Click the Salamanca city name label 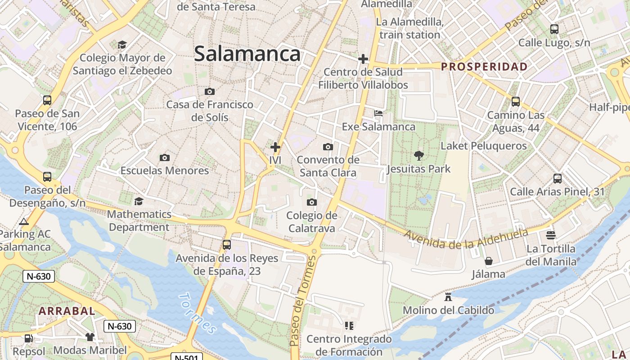[x=247, y=54]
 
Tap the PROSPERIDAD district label [x=484, y=67]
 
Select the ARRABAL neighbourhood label [x=67, y=311]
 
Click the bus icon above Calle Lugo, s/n [x=554, y=29]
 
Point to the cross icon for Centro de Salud [x=363, y=59]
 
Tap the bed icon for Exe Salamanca [x=378, y=113]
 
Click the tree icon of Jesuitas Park [x=419, y=156]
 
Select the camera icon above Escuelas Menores [x=165, y=157]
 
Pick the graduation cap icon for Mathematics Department [x=139, y=201]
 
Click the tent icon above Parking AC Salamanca [x=24, y=221]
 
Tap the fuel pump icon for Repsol [x=29, y=338]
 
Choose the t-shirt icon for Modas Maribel [x=90, y=337]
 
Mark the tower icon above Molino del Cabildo [x=448, y=297]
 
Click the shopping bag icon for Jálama [x=488, y=261]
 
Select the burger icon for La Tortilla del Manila [x=551, y=235]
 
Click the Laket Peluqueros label [x=483, y=146]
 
